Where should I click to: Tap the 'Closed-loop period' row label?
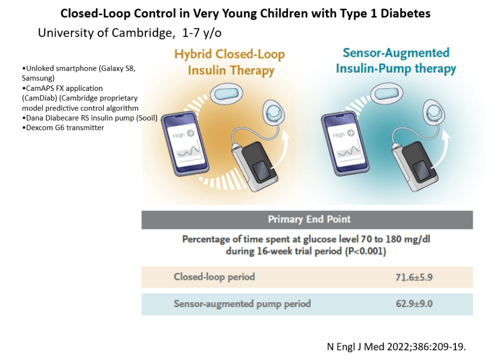[214, 277]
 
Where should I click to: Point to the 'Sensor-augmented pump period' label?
[242, 304]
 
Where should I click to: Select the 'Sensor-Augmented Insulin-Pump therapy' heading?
[396, 60]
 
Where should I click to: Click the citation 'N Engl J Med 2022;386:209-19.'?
[396, 347]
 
